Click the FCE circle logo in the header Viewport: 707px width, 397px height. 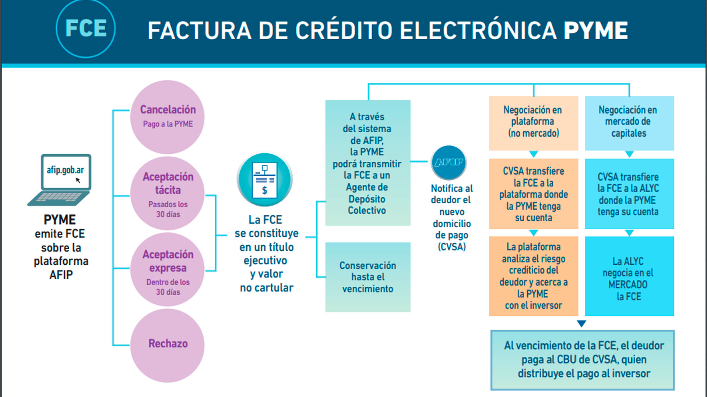click(x=86, y=29)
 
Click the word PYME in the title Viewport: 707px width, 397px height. click(x=595, y=31)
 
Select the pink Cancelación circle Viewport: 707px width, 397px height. click(x=168, y=117)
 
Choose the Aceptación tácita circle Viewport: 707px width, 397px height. click(x=168, y=194)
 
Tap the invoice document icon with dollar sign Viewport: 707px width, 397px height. click(x=264, y=179)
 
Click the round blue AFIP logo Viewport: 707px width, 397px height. click(x=449, y=162)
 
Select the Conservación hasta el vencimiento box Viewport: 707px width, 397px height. click(x=367, y=277)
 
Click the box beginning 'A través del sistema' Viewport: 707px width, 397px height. click(x=367, y=163)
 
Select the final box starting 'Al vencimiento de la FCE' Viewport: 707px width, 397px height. click(x=583, y=360)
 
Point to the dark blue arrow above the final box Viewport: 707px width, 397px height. click(x=581, y=323)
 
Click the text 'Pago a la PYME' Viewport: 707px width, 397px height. click(x=168, y=124)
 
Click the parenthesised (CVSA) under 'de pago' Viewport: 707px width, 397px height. click(x=452, y=247)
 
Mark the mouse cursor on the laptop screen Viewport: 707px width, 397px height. click(x=78, y=180)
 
